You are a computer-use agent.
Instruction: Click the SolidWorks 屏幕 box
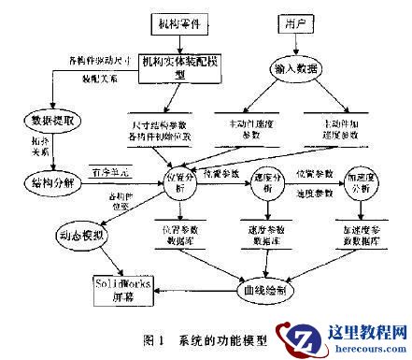pos(121,285)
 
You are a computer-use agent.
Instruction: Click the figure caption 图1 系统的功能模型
pos(184,334)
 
